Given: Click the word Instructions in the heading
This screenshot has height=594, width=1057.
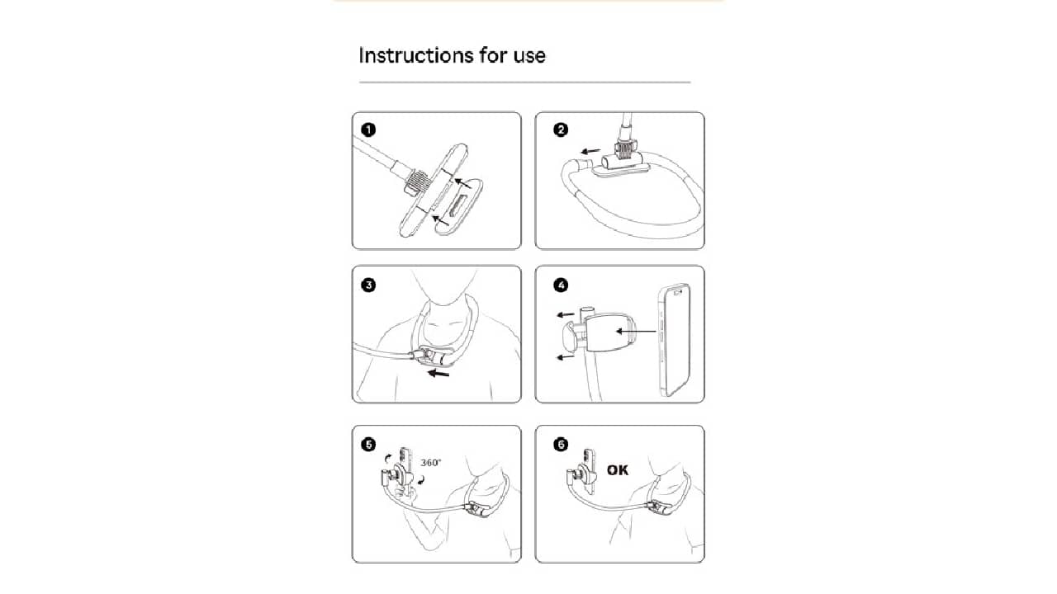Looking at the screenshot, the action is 415,55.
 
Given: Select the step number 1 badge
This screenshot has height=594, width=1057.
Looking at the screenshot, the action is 368,130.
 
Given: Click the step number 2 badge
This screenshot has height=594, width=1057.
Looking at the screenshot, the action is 561,130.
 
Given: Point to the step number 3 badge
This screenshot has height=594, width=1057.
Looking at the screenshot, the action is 368,285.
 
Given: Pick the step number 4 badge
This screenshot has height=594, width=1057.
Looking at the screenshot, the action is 561,285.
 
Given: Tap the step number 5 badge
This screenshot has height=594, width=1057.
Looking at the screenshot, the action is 368,445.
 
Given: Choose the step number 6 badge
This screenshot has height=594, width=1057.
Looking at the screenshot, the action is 561,445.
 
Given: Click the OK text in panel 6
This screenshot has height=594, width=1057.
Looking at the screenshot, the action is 618,470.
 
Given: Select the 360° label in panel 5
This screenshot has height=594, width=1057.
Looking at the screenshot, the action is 431,463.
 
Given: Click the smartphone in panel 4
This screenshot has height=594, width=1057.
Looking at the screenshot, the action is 675,339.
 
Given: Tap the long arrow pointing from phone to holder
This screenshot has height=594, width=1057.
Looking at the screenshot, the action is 636,332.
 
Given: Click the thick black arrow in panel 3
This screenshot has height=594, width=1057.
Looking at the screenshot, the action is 438,374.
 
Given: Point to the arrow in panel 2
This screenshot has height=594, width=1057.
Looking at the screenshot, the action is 590,151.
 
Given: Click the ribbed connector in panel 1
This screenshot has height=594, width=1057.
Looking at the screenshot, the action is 415,182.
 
